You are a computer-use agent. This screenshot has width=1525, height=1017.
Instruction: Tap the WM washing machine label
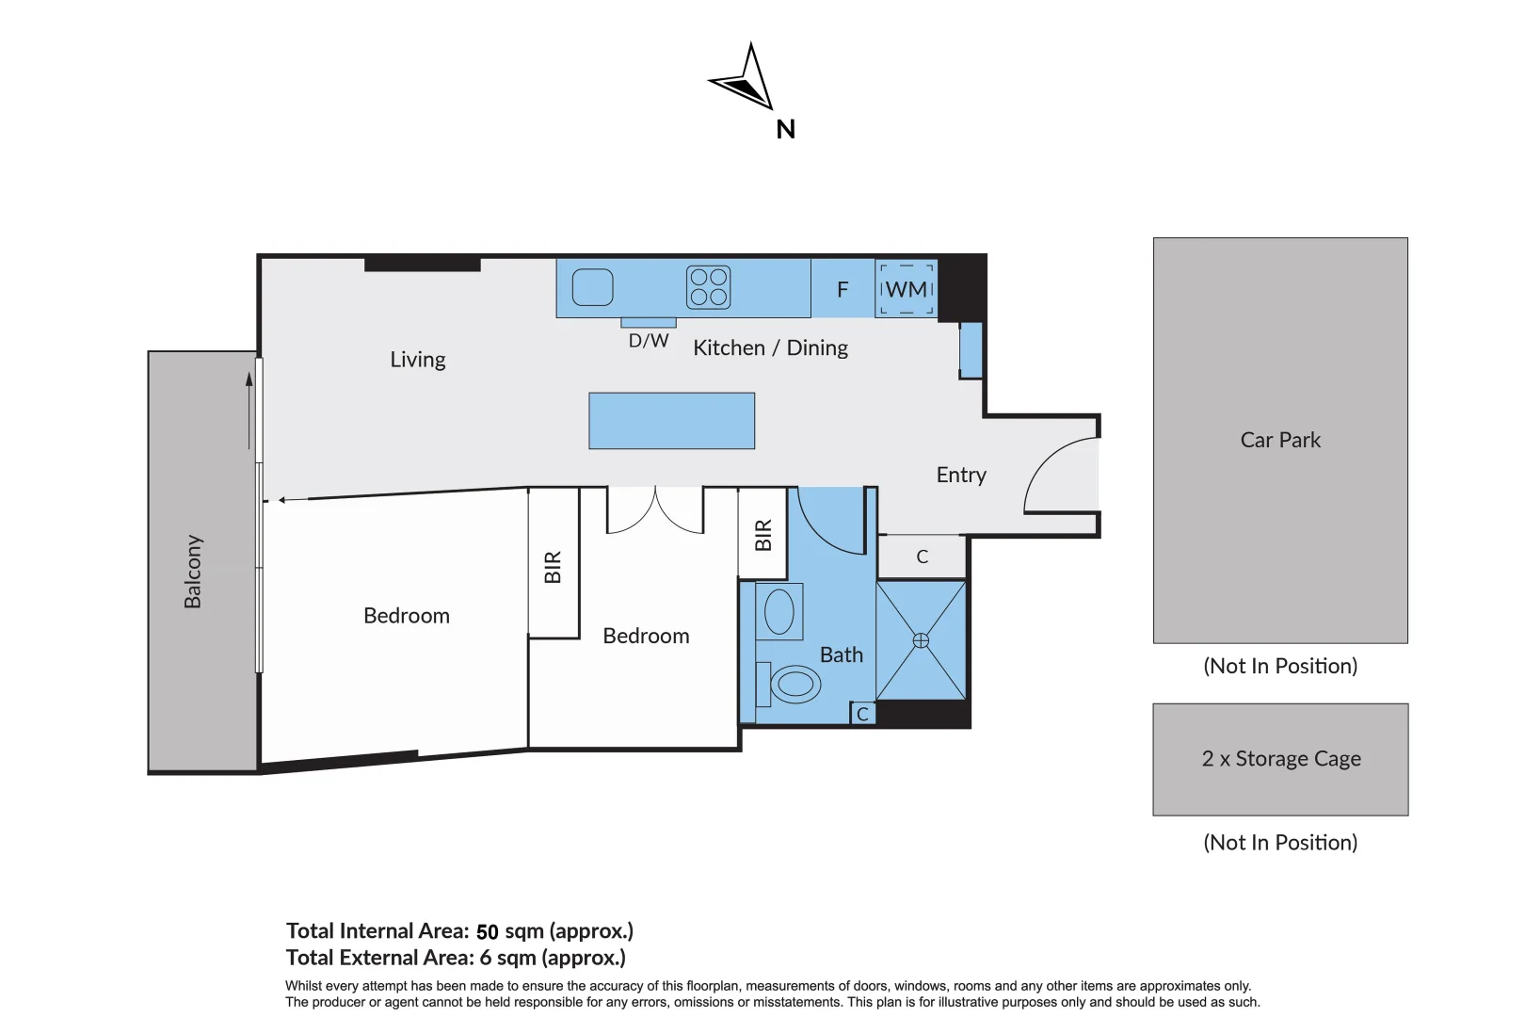tap(907, 289)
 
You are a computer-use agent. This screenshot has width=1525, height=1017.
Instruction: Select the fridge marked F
tap(843, 288)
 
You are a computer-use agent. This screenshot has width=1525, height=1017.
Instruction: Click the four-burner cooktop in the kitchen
tap(708, 287)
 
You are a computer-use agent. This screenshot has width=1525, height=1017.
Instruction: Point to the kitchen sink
tap(592, 287)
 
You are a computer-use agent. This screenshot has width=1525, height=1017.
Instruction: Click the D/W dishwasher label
tap(648, 340)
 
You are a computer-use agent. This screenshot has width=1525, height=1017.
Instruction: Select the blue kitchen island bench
tap(672, 420)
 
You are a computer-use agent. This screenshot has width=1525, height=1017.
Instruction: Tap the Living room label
tap(417, 359)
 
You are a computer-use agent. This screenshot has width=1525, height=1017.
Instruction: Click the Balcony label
tap(193, 571)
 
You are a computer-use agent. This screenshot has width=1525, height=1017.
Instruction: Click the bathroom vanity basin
tap(779, 611)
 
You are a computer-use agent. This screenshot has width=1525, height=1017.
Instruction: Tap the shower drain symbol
tap(921, 640)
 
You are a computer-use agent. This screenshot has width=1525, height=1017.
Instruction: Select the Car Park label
tap(1280, 440)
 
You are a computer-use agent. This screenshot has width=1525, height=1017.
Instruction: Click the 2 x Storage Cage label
tap(1281, 758)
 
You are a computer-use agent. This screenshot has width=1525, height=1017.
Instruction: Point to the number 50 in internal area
tap(487, 932)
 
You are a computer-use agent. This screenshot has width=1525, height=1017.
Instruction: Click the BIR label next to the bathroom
tap(763, 536)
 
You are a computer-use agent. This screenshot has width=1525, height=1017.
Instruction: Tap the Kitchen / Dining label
tap(770, 348)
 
